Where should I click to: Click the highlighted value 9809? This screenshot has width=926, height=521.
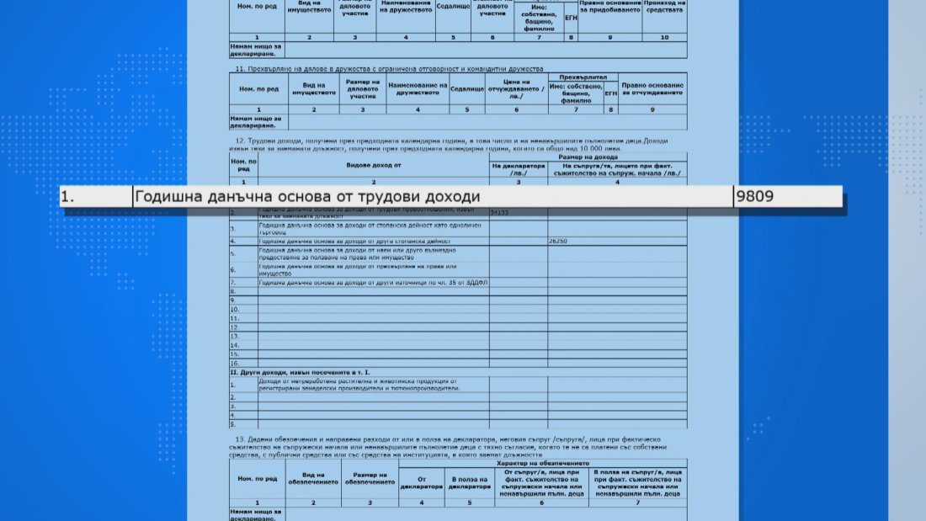(755, 197)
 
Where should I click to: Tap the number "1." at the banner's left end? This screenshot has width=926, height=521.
(67, 197)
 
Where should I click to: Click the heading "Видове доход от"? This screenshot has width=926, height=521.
(373, 166)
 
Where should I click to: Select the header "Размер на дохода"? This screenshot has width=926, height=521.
(587, 157)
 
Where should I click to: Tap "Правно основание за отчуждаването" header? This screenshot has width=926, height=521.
(652, 88)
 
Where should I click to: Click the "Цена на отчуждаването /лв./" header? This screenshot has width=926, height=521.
(516, 88)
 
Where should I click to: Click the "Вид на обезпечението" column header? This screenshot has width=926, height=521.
(313, 480)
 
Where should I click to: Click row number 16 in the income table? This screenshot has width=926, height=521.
(236, 354)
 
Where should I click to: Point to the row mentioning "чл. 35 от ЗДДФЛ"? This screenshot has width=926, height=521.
(373, 282)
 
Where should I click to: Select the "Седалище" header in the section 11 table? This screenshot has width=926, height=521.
(467, 88)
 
